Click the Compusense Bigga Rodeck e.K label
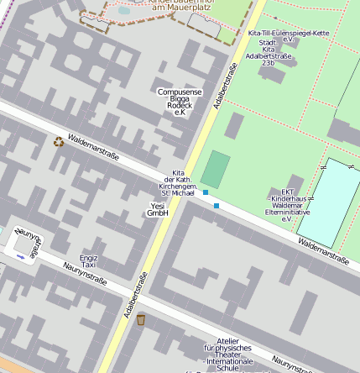(179, 101)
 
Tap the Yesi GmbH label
(158, 209)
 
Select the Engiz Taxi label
(88, 261)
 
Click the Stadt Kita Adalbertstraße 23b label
(268, 52)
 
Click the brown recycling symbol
(58, 142)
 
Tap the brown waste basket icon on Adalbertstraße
(140, 319)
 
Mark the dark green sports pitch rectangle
(215, 169)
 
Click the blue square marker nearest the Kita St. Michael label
(205, 193)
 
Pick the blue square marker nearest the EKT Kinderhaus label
(217, 205)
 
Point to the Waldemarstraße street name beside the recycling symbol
(94, 148)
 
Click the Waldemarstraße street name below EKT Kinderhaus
(323, 250)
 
